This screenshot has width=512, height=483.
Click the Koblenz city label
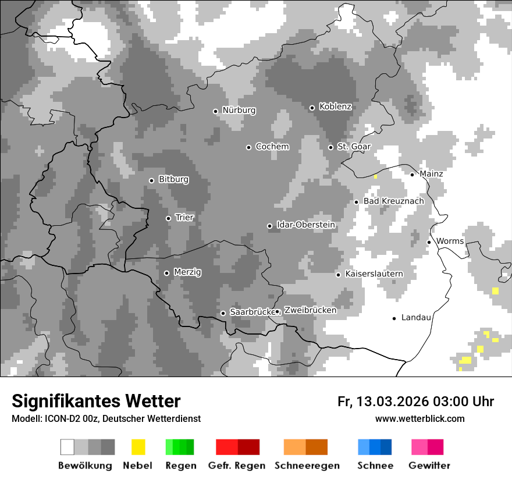click(335, 106)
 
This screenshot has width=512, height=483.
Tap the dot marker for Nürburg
click(215, 111)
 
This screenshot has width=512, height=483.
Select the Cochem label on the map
click(272, 147)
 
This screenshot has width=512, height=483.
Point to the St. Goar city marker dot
click(330, 147)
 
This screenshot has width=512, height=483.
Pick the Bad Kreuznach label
click(393, 201)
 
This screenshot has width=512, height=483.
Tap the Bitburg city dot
click(152, 180)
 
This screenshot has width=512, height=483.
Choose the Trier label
click(184, 218)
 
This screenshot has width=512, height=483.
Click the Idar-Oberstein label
click(305, 225)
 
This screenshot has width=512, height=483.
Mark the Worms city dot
click(429, 242)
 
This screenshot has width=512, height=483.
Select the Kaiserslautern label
click(374, 274)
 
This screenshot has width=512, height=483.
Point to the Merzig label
click(187, 272)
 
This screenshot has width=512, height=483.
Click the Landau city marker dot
click(394, 318)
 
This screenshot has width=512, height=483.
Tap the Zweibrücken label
click(310, 310)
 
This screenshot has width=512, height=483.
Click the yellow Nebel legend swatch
click(138, 447)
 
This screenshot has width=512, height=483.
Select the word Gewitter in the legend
click(429, 466)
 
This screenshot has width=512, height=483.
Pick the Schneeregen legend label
click(307, 466)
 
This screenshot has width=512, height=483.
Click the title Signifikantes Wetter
click(96, 401)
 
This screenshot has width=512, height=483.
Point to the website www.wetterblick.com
click(419, 418)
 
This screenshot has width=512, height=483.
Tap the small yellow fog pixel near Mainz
click(376, 176)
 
